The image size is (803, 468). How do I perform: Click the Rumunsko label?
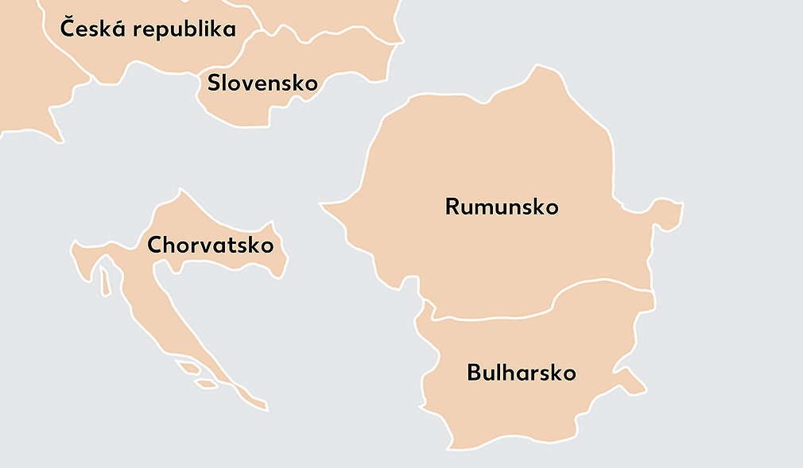pos(502,207)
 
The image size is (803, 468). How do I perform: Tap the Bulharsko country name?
pos(521,373)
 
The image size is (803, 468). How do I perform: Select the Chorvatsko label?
pos(210,245)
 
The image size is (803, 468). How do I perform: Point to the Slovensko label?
pos(262,83)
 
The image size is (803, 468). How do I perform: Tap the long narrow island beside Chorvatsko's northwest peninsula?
pos(104,283)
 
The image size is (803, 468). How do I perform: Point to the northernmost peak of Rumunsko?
pos(543,68)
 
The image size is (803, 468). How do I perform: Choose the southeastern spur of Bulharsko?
pos(636,384)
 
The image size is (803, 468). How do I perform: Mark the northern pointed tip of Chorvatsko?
pos(181,191)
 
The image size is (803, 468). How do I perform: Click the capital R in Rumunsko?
pos(452,207)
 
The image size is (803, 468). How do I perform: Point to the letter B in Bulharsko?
pos(474,373)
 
